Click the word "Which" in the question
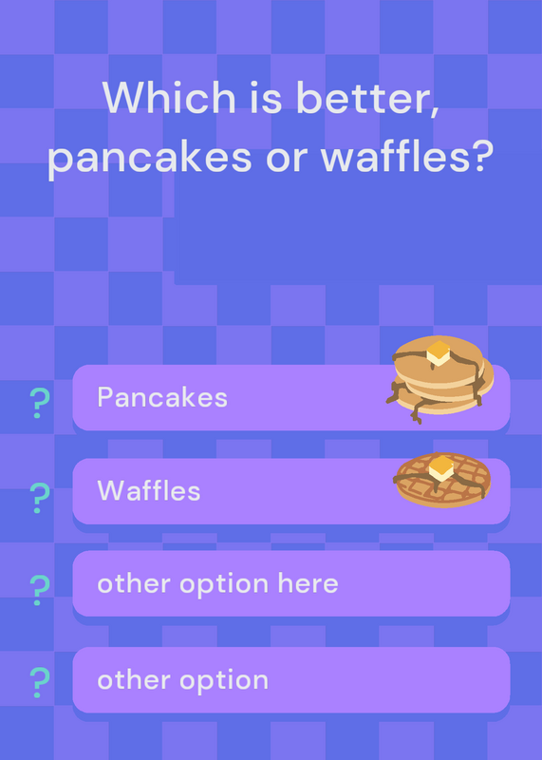169,97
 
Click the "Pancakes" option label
162,397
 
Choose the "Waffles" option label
149,490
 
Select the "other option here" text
217,583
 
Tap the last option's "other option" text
182,680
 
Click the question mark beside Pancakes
40,403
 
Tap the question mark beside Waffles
40,498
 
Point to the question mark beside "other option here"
40,590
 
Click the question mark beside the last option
40,682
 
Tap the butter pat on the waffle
440,467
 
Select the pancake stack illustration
439,378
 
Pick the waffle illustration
442,480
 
